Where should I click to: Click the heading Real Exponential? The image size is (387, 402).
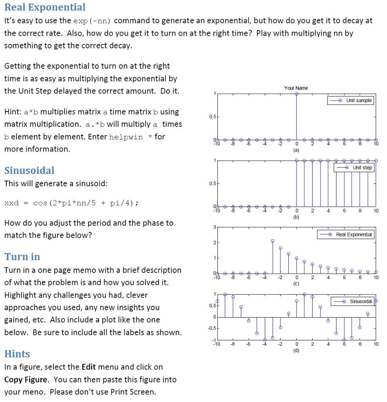point(45,7)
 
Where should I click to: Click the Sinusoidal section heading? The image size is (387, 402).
point(29,170)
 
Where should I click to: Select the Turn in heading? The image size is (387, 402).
point(22,257)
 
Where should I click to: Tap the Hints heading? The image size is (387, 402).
point(17,354)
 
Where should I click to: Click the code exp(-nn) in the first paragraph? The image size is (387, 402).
point(92,20)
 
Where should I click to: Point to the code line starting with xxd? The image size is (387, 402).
point(71,203)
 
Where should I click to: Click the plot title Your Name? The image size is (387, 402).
point(296,88)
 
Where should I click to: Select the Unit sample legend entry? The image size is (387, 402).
point(351,100)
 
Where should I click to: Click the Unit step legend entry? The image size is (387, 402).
point(354,168)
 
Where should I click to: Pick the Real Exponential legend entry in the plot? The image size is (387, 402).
point(345,234)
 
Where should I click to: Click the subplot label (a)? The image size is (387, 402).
point(296,150)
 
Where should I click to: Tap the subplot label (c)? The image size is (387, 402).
point(296,284)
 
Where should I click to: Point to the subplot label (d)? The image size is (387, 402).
point(296,351)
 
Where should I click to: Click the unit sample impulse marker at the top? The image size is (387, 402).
point(297,94)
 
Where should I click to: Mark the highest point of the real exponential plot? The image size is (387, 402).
point(273,241)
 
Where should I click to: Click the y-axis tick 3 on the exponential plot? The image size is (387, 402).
point(214,227)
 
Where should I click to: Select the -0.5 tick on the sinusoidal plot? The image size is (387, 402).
point(212,328)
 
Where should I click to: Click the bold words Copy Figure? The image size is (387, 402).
point(26,380)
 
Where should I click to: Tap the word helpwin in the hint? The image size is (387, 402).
point(126,137)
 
